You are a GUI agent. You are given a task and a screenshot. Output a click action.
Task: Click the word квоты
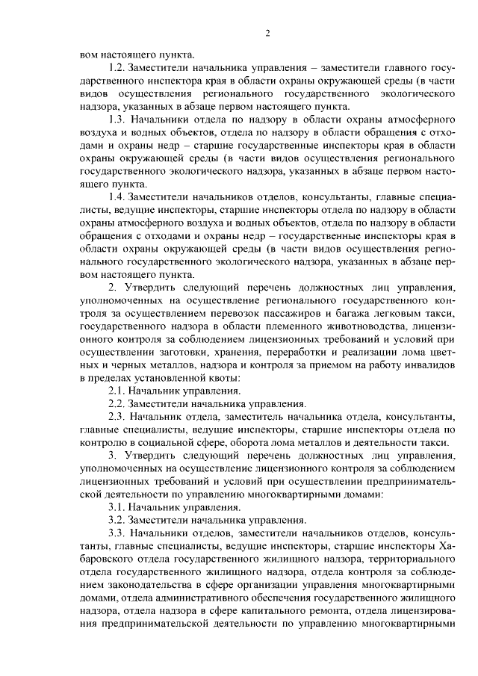222,379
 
